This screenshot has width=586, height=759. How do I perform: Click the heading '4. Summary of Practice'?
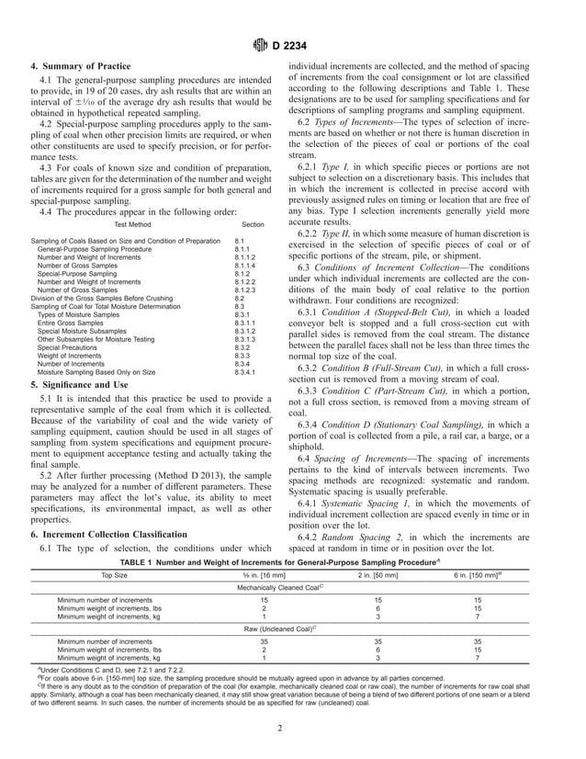81,66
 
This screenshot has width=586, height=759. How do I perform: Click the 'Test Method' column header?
130,223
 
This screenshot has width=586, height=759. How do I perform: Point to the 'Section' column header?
253,223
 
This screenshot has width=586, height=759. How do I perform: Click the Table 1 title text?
292,561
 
